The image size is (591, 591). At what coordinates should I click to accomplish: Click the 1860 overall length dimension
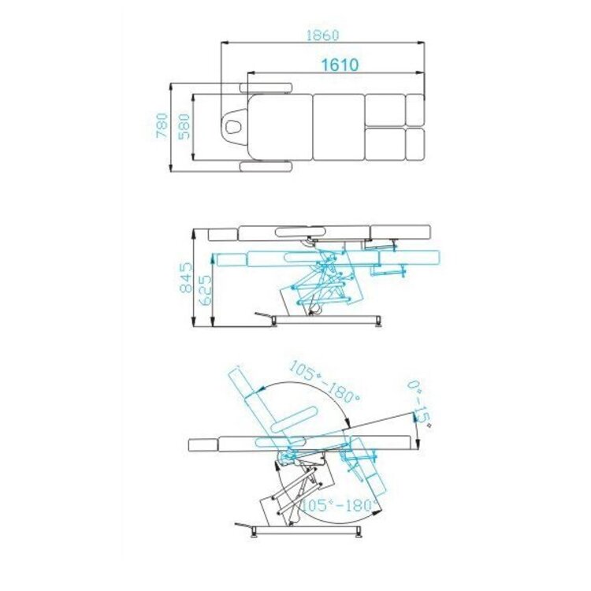click(x=322, y=35)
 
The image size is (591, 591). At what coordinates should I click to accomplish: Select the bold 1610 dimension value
click(x=340, y=65)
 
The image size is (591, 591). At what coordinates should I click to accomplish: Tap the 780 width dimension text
click(x=162, y=126)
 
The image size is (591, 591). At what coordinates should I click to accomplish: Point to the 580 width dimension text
click(x=184, y=126)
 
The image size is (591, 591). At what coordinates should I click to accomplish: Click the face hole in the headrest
click(x=235, y=123)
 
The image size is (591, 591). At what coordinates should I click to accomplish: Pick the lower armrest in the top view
click(x=266, y=165)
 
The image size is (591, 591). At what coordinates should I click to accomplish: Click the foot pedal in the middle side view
click(x=262, y=316)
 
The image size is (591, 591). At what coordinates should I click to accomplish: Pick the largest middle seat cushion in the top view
click(x=338, y=126)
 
